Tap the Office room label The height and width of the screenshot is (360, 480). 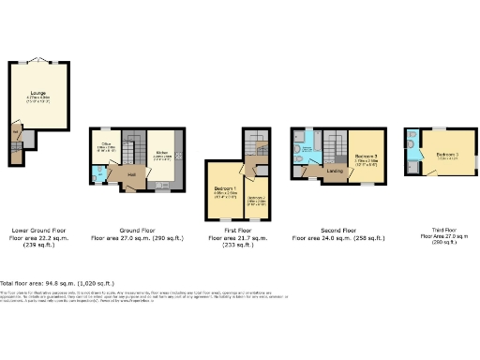[107, 143]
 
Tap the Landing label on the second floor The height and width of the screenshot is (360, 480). [333, 171]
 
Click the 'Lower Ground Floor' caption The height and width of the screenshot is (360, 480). [38, 229]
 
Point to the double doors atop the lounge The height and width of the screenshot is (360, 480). [37, 60]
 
